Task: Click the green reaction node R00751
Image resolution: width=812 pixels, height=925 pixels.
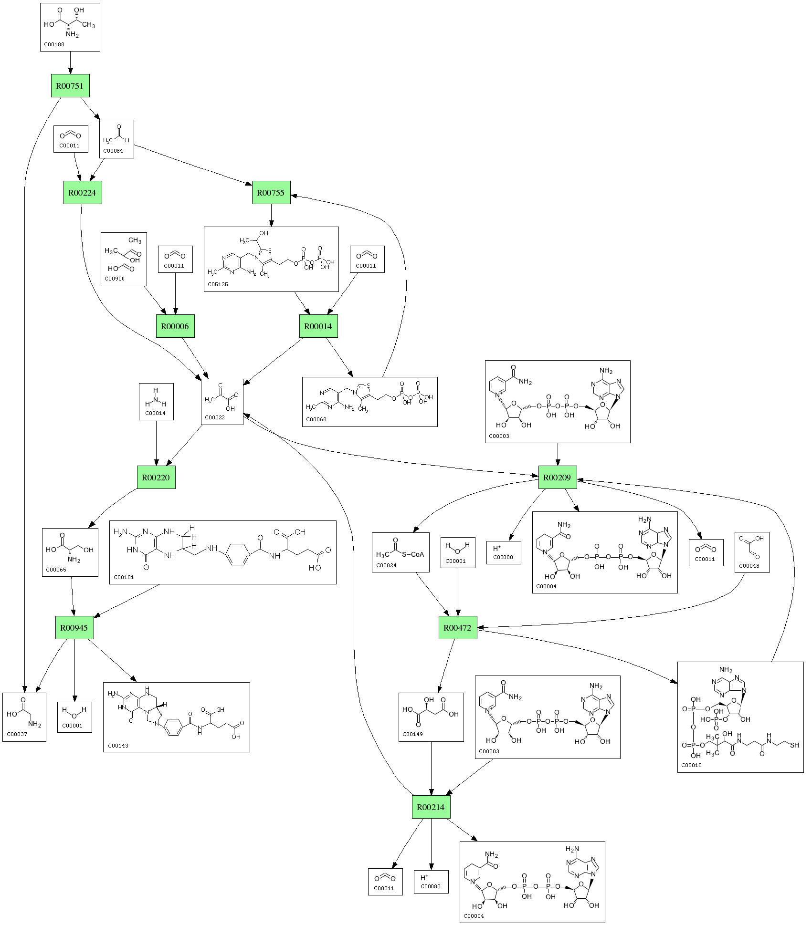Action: coord(70,86)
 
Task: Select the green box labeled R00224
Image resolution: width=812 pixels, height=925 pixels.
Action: coord(83,193)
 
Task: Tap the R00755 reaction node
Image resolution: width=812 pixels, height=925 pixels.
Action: coord(271,193)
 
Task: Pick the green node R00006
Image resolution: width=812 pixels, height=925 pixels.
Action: coord(175,326)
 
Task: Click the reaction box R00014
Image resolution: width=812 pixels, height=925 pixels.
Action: coord(318,326)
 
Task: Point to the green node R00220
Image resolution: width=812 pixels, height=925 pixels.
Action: coord(156,477)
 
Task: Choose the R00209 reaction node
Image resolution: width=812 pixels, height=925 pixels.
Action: coord(558,477)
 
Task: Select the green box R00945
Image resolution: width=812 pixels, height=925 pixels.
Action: coord(74,628)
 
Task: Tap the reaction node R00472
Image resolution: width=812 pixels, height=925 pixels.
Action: coord(458,628)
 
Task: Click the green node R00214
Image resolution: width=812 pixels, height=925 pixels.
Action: coord(431,807)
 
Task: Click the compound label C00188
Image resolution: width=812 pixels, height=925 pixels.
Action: coord(54,44)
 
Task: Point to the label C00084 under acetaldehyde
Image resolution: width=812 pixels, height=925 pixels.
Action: coord(114,151)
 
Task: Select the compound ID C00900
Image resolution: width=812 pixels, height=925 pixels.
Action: coord(115,279)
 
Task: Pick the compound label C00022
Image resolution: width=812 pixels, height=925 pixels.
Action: coord(214,417)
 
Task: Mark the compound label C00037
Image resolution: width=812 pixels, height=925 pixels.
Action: coord(17,734)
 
